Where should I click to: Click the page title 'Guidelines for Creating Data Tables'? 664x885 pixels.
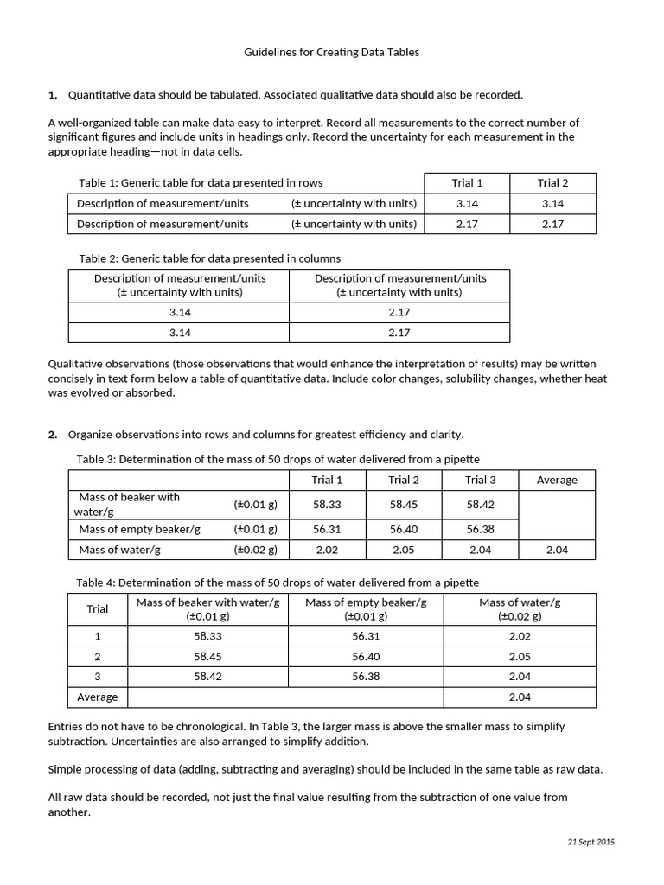[x=332, y=53]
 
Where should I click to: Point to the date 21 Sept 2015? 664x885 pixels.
[x=591, y=842]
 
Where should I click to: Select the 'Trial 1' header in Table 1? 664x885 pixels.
[x=467, y=183]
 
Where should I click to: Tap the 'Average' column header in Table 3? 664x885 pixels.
[x=557, y=481]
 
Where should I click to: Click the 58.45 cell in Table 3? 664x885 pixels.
[x=404, y=505]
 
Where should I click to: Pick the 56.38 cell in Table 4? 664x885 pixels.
[x=366, y=677]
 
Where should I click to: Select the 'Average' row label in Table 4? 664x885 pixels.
[x=97, y=697]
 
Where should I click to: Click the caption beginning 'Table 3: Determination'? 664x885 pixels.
[x=278, y=460]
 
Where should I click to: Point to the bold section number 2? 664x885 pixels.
[x=53, y=435]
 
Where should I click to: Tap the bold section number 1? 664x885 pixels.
[x=53, y=95]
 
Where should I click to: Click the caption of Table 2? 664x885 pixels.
[x=209, y=258]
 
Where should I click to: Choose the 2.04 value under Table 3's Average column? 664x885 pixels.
[x=557, y=551]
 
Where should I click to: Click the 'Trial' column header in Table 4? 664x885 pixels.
[x=98, y=609]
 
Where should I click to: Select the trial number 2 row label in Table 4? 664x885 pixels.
[x=98, y=657]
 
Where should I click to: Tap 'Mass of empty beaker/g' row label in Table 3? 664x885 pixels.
[x=139, y=530]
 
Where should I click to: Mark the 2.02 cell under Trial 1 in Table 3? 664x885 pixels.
[x=328, y=551]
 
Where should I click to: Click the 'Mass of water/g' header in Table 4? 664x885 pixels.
[x=520, y=602]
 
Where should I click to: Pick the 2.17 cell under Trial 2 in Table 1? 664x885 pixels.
[x=552, y=225]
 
